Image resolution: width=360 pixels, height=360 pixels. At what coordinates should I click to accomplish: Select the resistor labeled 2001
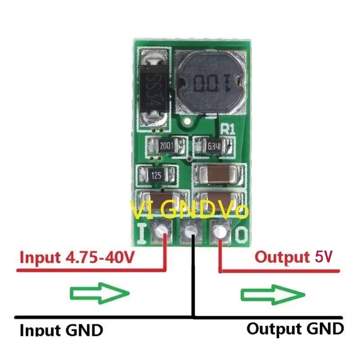(x=166, y=146)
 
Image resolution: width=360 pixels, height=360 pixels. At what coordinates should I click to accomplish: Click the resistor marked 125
(x=156, y=175)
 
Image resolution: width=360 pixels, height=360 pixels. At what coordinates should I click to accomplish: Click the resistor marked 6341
(x=214, y=146)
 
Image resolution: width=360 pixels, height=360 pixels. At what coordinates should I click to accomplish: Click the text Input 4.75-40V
(x=76, y=258)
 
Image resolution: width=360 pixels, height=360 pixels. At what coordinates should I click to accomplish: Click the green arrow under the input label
(x=100, y=293)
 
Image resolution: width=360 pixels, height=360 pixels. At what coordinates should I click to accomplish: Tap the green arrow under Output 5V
(x=273, y=294)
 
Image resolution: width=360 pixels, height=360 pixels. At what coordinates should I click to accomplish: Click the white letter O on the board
(x=241, y=234)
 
